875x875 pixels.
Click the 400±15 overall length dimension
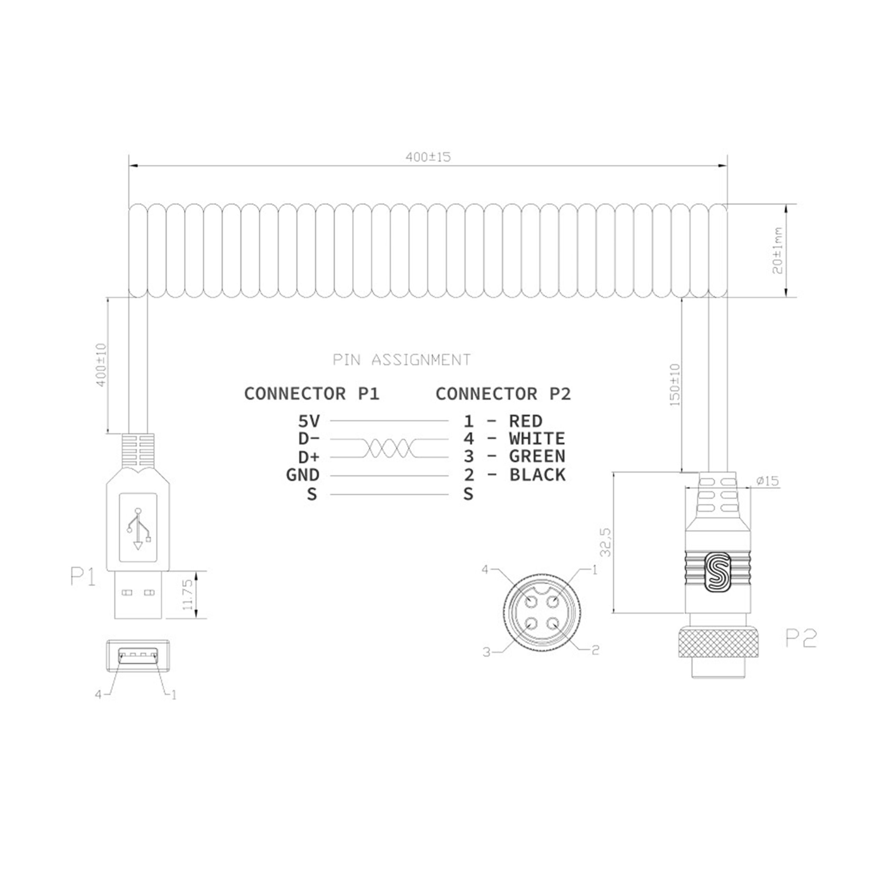pos(428,157)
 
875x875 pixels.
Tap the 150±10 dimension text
pos(675,385)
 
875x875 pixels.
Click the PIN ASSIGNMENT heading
pos(402,360)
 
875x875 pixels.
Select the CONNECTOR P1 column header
pos(312,393)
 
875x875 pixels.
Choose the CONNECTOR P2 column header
pos(503,393)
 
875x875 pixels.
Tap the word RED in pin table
pos(526,421)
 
